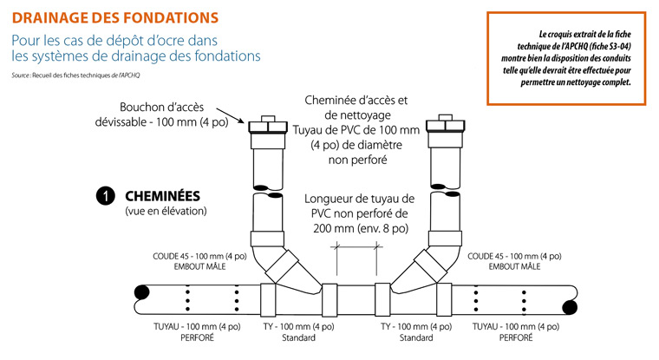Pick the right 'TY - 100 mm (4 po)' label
click(417, 327)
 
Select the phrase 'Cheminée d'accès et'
click(356, 101)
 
